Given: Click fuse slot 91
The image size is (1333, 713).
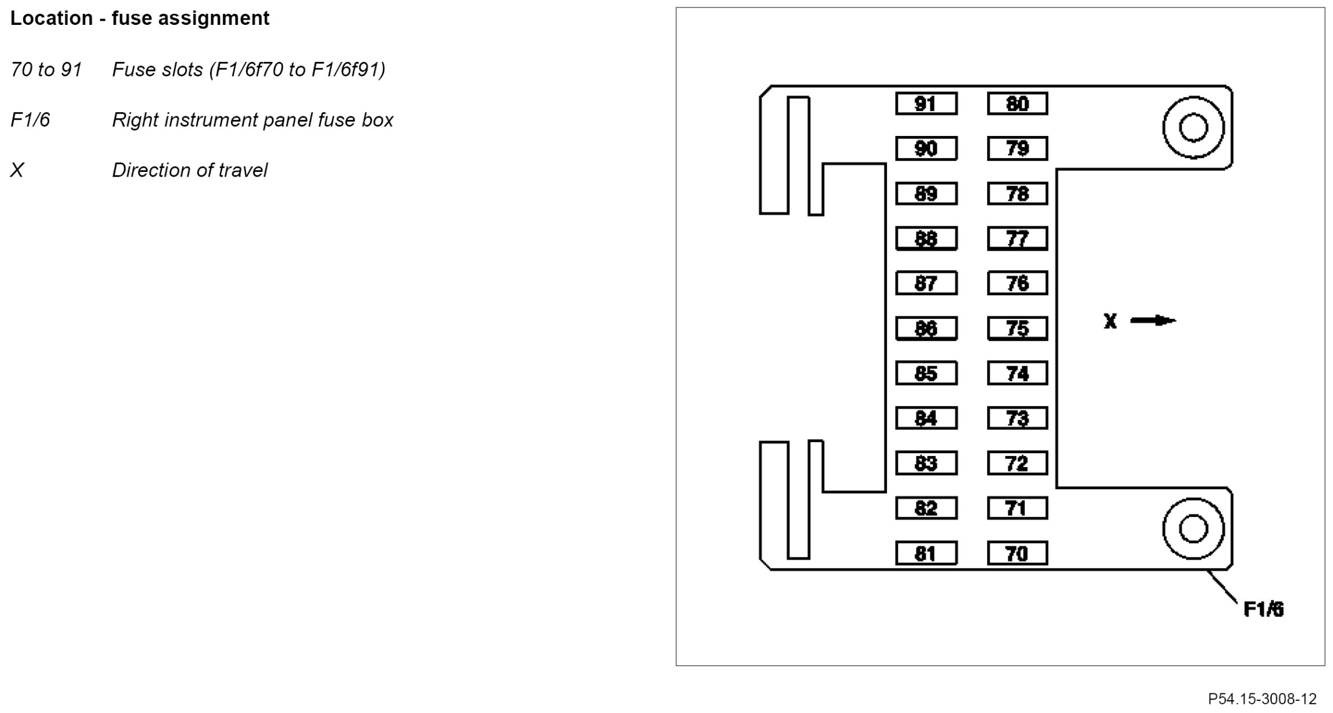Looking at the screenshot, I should [926, 104].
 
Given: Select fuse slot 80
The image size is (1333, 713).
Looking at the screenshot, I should [1017, 104].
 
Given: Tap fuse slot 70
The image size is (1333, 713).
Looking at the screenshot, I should [1017, 554].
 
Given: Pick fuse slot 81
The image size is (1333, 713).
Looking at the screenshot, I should [926, 554].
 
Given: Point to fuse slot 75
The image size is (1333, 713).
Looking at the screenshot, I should [1017, 329].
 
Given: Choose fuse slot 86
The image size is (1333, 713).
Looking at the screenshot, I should [926, 329].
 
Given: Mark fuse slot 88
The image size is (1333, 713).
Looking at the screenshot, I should [926, 238].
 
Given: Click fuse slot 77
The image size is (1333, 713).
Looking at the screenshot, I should [1017, 238].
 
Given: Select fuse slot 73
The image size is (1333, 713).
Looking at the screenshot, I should [1017, 418].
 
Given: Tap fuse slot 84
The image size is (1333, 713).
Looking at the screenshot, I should [926, 418].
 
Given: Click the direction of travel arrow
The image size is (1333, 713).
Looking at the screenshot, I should [1153, 320].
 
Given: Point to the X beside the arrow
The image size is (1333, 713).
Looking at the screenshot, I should [1110, 321].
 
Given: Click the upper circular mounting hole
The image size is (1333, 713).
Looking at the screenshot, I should [1194, 128].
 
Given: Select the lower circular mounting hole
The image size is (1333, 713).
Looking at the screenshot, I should [1194, 528].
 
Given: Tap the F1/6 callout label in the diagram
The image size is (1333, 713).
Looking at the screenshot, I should [1264, 609].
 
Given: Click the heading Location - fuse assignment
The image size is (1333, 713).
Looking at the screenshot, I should [139, 19].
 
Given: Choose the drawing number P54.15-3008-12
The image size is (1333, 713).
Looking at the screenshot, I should [1262, 699].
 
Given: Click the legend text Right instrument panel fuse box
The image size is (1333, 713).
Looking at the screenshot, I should [252, 120].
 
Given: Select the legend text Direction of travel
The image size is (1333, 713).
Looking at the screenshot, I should [190, 170].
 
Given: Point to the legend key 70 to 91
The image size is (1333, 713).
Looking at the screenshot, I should [46, 69].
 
